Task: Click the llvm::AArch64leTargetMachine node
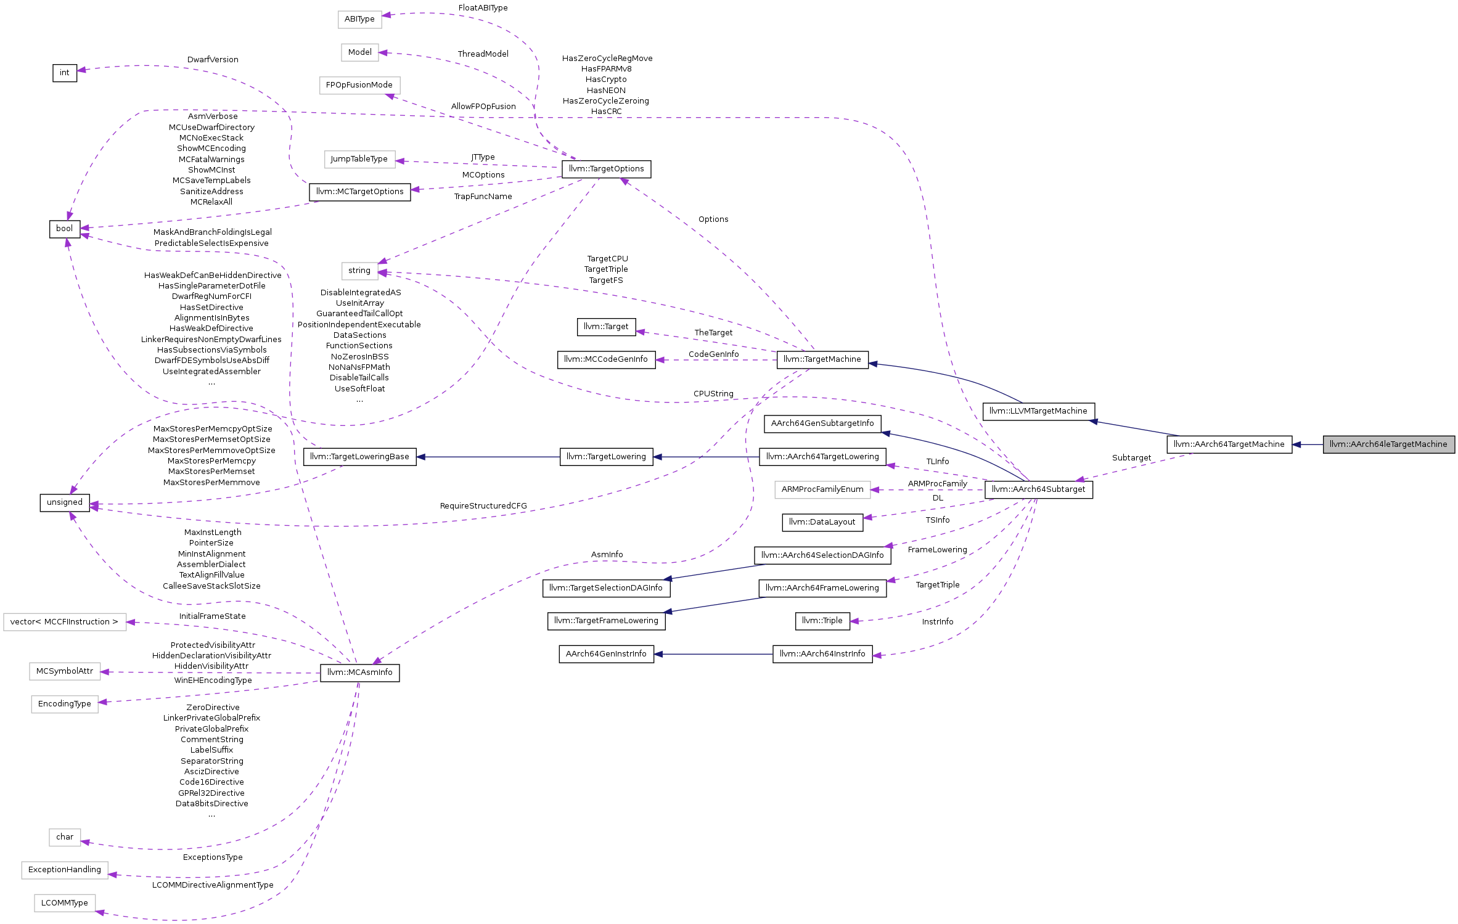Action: click(x=1388, y=444)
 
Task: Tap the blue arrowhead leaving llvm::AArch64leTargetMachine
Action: click(x=1296, y=444)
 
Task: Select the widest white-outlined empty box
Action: click(x=65, y=622)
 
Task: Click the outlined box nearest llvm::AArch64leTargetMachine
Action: click(x=822, y=490)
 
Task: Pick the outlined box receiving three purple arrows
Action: click(x=360, y=271)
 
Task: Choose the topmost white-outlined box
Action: click(x=360, y=20)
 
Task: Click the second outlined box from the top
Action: click(x=360, y=52)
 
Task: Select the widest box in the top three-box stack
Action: click(x=360, y=86)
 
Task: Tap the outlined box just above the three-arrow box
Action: click(x=360, y=160)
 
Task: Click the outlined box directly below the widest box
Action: click(x=65, y=671)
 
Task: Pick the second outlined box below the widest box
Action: click(x=65, y=705)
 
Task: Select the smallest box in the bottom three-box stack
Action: click(x=65, y=838)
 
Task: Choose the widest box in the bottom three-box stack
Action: click(x=65, y=870)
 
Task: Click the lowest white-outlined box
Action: click(x=65, y=903)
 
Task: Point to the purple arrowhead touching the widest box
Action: click(x=131, y=622)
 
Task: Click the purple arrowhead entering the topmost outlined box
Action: click(x=387, y=15)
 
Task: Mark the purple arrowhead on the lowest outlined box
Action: click(x=100, y=912)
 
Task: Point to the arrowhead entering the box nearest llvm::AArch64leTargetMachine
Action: click(x=875, y=490)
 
